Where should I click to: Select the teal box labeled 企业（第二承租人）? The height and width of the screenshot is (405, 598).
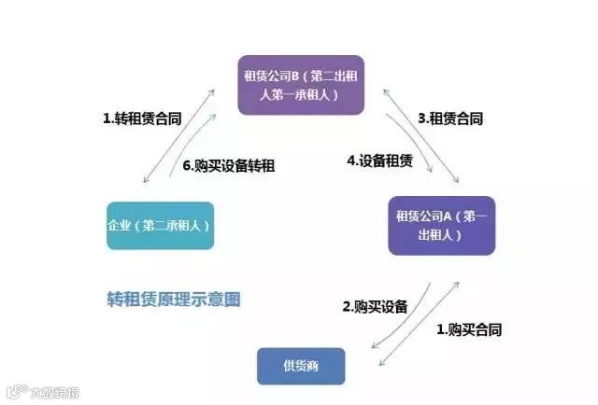pos(160,225)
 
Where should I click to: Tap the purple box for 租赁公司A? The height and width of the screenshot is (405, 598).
pos(442,225)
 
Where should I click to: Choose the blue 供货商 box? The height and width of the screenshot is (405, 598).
pos(301,366)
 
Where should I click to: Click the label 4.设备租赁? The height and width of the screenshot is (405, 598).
pos(378,161)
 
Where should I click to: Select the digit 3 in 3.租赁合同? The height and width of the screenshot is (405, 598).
pos(422,119)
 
